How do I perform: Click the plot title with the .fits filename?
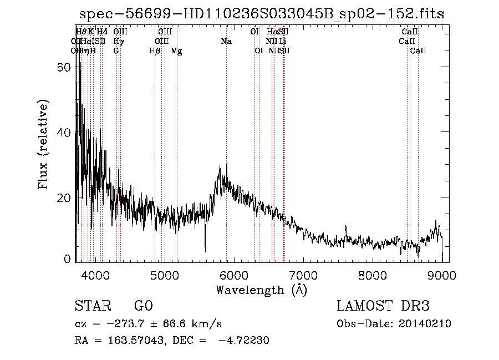(x=262, y=14)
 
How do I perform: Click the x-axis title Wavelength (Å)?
(x=261, y=290)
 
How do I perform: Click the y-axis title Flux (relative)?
(x=44, y=146)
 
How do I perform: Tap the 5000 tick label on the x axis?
(x=165, y=275)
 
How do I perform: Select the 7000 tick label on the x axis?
(x=303, y=275)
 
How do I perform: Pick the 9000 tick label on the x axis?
(x=442, y=275)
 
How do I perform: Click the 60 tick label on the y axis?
(x=64, y=67)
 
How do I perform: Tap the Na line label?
(x=226, y=42)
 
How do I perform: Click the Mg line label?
(x=176, y=51)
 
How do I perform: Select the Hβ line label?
(x=155, y=51)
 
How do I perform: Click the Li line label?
(x=283, y=42)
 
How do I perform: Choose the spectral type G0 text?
(x=143, y=306)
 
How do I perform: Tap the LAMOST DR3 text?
(x=383, y=306)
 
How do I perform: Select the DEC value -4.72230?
(x=244, y=341)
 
